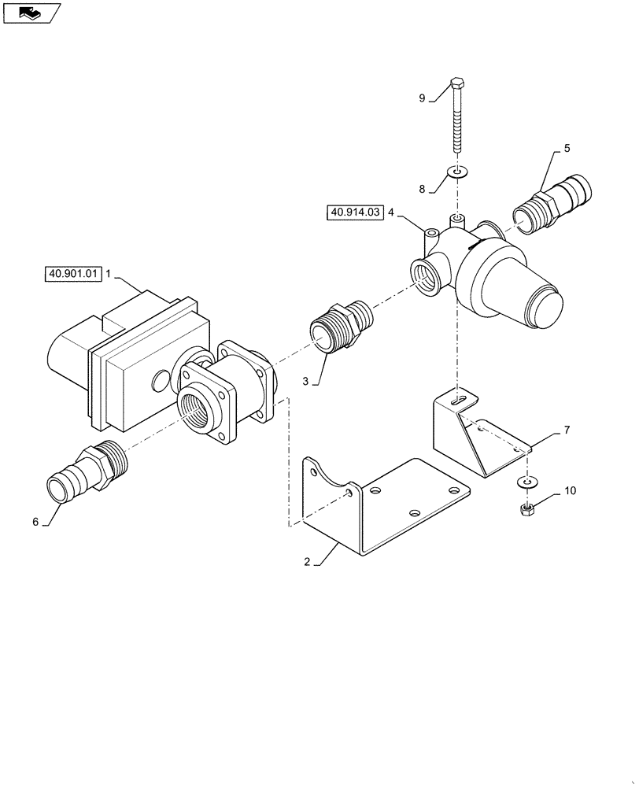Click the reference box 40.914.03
(353, 212)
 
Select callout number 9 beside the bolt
(422, 98)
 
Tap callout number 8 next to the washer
(422, 189)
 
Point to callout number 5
(567, 148)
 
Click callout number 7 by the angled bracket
(567, 431)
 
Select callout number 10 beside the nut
(570, 491)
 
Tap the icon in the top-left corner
(31, 12)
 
